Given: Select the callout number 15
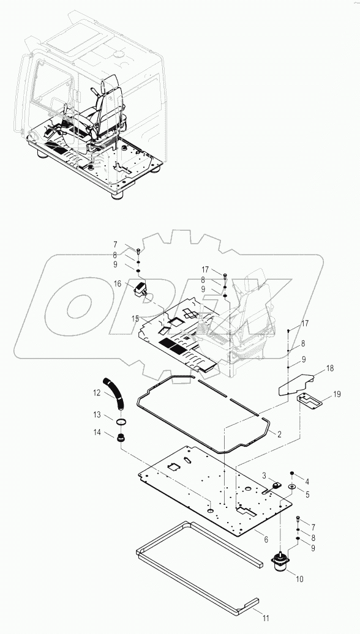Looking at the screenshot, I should [136, 318].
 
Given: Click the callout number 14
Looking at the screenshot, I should [97, 433].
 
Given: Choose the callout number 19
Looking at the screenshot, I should [336, 395].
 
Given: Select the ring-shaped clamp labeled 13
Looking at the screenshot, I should [122, 422].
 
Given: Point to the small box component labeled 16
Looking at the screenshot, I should [140, 289].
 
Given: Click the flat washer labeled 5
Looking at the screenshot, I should [291, 487].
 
